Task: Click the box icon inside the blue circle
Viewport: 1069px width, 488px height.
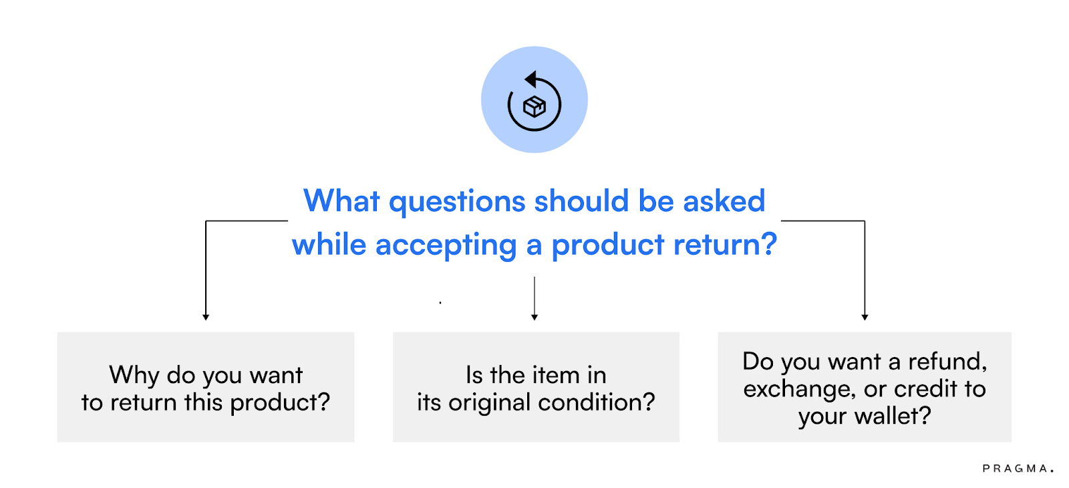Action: click(x=534, y=106)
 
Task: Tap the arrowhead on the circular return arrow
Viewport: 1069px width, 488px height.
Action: click(x=530, y=80)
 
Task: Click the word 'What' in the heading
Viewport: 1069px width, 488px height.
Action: click(x=341, y=201)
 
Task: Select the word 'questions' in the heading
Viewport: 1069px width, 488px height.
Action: click(x=457, y=202)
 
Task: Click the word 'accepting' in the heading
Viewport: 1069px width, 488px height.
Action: click(x=446, y=245)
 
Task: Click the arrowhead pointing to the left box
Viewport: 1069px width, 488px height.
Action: click(x=206, y=317)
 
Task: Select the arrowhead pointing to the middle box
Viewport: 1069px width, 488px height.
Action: click(x=534, y=317)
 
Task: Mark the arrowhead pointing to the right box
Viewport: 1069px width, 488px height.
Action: click(x=865, y=317)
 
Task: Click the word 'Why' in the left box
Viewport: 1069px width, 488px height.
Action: click(x=134, y=375)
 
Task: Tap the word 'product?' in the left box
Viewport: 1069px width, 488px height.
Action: click(x=280, y=402)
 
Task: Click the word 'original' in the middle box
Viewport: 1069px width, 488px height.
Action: click(x=490, y=402)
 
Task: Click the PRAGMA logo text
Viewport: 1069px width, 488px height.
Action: click(x=1017, y=469)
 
